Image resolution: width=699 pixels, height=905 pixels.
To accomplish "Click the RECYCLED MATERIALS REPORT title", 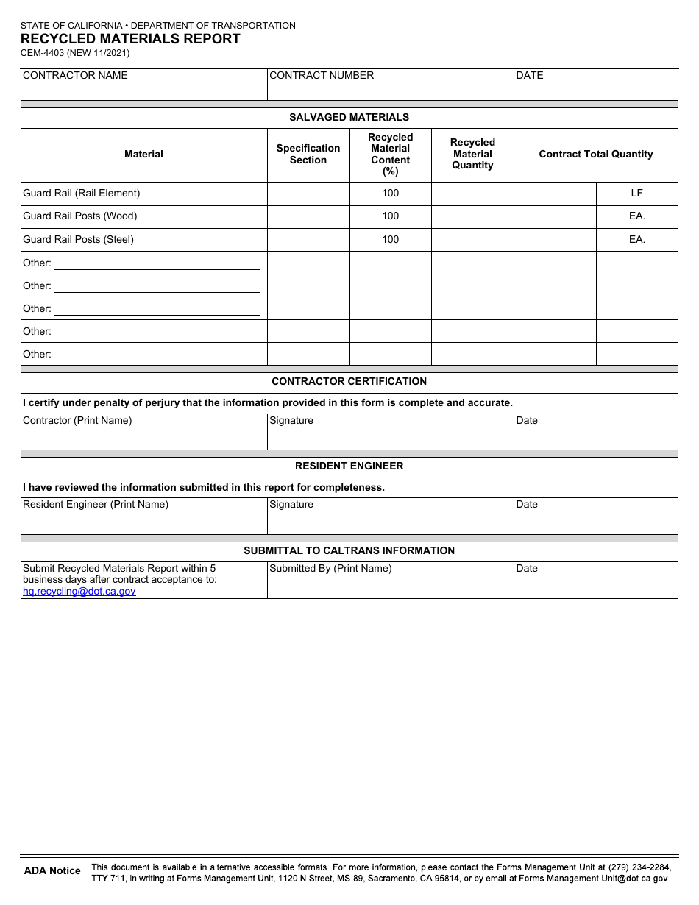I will click(x=130, y=39).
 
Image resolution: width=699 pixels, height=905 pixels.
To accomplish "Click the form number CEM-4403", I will click(x=46, y=53).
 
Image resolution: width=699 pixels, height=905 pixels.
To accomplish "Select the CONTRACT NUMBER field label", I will click(x=322, y=75).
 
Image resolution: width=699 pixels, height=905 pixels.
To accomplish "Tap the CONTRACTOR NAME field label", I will click(x=75, y=75).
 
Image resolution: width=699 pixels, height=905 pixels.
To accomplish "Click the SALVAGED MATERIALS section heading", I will click(x=349, y=117).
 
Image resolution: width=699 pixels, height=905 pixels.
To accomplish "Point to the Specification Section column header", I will click(x=308, y=154).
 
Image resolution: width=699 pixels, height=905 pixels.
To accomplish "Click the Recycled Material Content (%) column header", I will click(x=390, y=154).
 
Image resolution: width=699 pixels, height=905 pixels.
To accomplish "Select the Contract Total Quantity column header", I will click(x=595, y=154).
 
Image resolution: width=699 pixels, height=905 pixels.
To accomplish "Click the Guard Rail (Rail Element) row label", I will click(x=81, y=193).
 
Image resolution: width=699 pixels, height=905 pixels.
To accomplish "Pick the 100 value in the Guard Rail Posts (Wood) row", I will click(x=390, y=216).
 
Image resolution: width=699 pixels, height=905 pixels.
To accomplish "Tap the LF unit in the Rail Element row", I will click(x=636, y=193).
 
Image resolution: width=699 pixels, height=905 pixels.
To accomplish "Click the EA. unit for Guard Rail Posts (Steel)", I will click(x=636, y=239).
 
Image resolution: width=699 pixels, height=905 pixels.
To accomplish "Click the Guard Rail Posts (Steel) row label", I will click(x=78, y=239).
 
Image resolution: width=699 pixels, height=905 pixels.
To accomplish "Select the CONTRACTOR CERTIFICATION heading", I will click(x=349, y=381).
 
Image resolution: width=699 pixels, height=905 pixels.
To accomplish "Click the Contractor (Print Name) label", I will click(x=77, y=420).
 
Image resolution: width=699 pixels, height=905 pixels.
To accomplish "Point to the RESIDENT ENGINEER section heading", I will click(x=349, y=466).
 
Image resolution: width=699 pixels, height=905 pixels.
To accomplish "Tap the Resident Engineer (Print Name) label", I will click(x=96, y=504).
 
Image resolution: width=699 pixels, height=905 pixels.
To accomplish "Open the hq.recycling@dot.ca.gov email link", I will click(x=79, y=591).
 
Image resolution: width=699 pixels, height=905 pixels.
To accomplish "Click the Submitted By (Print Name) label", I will click(x=330, y=568).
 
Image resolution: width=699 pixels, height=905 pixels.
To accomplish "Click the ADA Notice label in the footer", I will click(x=52, y=870).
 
